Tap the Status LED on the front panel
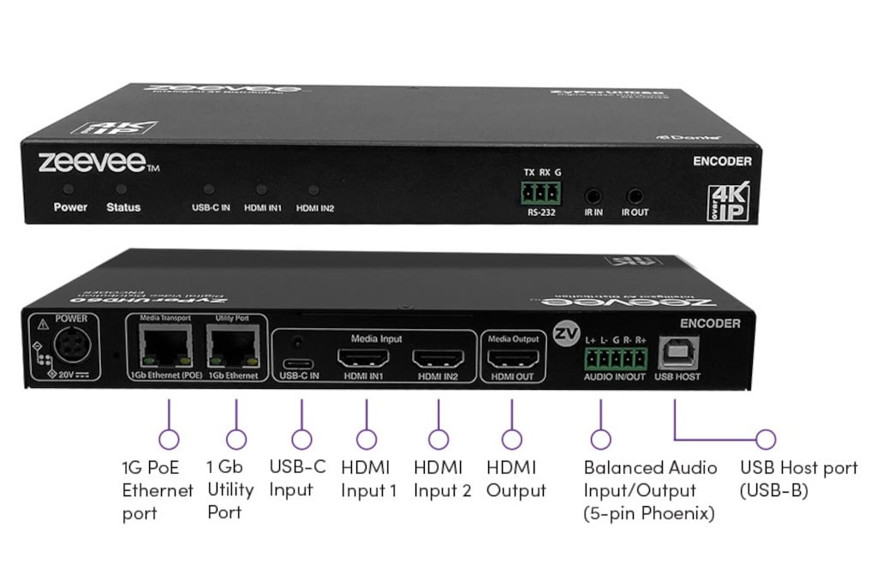(122, 188)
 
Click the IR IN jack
(593, 196)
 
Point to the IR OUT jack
(635, 196)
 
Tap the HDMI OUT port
(511, 359)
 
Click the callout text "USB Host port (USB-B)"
(798, 479)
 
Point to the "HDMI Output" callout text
(516, 479)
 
